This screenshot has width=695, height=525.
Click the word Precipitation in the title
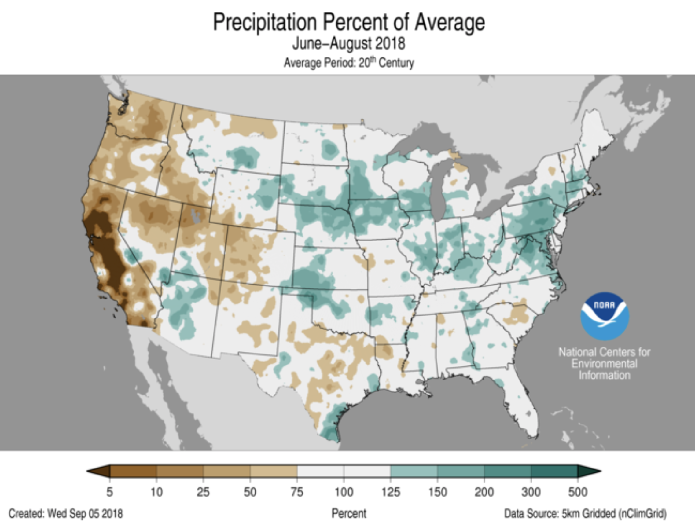click(x=265, y=22)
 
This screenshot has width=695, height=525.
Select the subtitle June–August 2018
click(x=349, y=44)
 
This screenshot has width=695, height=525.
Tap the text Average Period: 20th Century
click(x=349, y=63)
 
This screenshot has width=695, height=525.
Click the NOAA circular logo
click(x=605, y=316)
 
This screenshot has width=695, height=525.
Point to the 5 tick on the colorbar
click(x=110, y=492)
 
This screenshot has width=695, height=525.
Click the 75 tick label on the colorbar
click(x=297, y=492)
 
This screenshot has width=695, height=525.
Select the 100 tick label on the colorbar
click(x=344, y=492)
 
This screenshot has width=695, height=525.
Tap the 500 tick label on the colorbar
click(x=578, y=492)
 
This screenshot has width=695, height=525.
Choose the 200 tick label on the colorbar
click(x=484, y=492)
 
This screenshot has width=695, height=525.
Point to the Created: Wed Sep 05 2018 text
click(x=66, y=514)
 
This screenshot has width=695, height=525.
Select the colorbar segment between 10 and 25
click(x=180, y=471)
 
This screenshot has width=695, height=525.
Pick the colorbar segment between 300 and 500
click(x=554, y=471)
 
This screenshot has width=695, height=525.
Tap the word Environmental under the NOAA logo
click(x=604, y=364)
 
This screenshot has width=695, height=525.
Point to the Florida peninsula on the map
click(x=522, y=409)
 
